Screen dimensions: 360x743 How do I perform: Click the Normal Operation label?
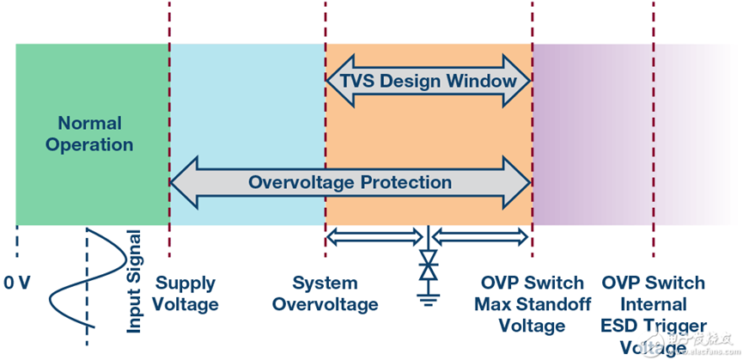pos(89,134)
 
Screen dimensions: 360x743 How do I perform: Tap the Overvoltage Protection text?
pos(350,182)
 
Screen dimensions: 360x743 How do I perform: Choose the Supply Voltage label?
pos(186,293)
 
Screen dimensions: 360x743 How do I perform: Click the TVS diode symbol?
pos(427,266)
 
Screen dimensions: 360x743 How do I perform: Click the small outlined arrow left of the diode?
pos(375,235)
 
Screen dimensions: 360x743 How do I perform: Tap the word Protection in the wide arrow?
pos(405,182)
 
